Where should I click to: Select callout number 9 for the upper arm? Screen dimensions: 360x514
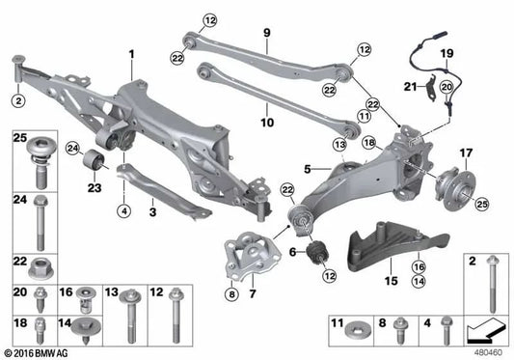click(x=265, y=31)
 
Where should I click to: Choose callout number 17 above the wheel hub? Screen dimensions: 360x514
click(x=466, y=152)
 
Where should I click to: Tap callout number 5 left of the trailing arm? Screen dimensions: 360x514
click(x=306, y=168)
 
